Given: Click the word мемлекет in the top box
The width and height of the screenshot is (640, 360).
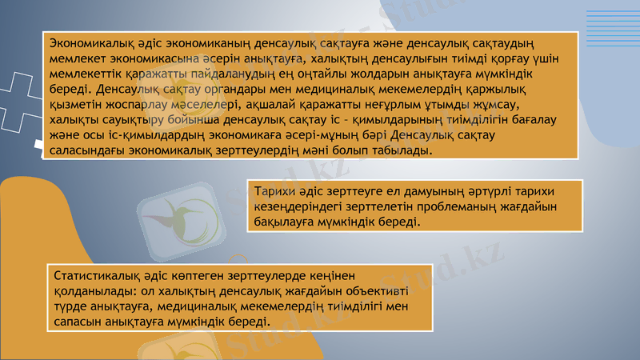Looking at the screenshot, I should coord(75,58).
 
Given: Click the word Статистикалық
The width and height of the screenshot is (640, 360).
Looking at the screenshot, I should coord(87,275).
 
